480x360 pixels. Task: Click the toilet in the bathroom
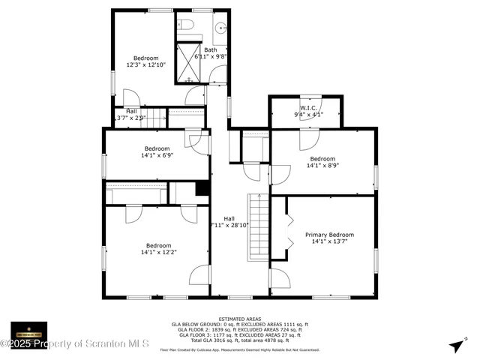tap(187, 26)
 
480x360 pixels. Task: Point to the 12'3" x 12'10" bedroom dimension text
tap(145, 65)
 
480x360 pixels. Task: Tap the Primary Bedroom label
tap(329, 235)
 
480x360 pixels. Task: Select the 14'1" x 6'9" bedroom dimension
tap(157, 155)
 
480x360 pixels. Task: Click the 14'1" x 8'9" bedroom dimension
tap(322, 166)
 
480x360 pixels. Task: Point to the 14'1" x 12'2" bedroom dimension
tap(158, 253)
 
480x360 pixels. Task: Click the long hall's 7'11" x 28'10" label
tap(229, 224)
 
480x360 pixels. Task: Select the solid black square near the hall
tap(202, 189)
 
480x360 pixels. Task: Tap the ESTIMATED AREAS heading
tap(240, 319)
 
